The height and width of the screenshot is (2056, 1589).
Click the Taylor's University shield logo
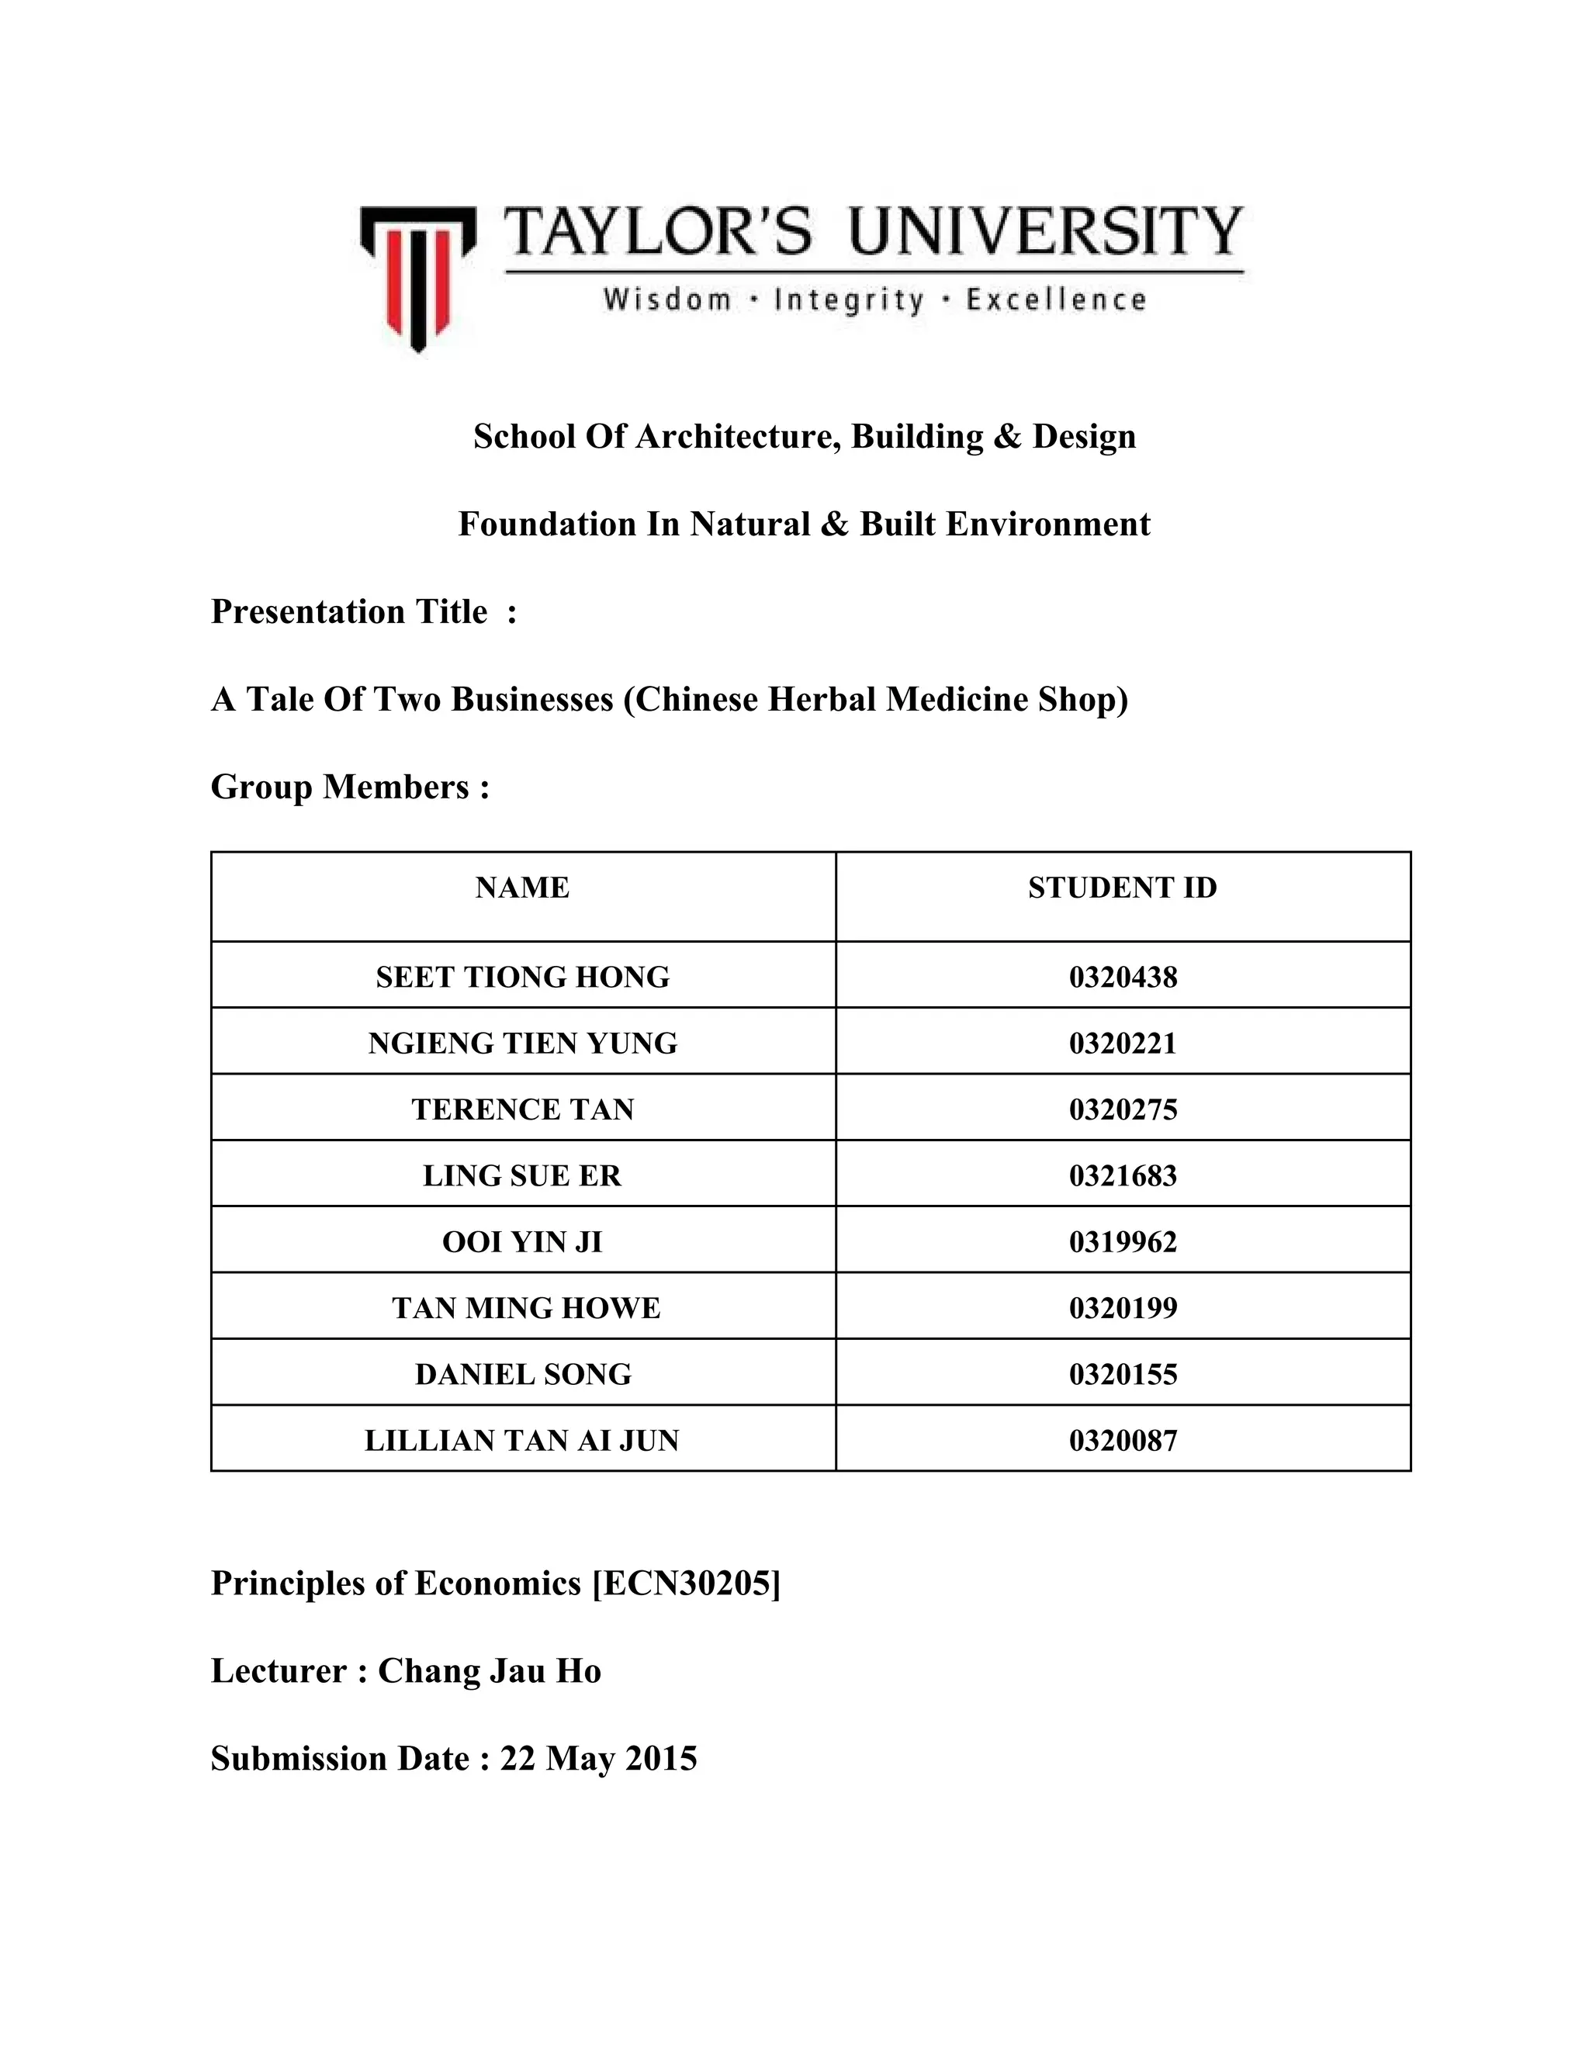click(x=417, y=277)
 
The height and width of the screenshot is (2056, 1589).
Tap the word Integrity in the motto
click(x=848, y=300)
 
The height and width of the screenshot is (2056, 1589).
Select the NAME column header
click(x=522, y=888)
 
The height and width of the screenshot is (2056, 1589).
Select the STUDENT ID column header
click(x=1122, y=888)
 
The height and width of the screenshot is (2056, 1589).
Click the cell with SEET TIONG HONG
click(x=522, y=977)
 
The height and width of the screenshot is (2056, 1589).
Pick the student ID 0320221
click(x=1122, y=1043)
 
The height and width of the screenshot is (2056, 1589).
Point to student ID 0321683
click(x=1122, y=1175)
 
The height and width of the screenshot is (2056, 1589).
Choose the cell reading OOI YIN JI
click(x=522, y=1241)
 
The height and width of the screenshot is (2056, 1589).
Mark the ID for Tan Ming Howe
click(x=1122, y=1307)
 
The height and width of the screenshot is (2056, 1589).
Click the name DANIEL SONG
click(x=522, y=1375)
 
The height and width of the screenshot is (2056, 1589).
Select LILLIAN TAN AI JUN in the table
click(x=522, y=1440)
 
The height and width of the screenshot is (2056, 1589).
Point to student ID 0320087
click(x=1122, y=1440)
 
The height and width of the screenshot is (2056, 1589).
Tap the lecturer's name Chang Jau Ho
click(x=490, y=1671)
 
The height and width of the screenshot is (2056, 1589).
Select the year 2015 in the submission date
click(x=661, y=1759)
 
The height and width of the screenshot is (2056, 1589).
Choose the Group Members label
click(x=350, y=787)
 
